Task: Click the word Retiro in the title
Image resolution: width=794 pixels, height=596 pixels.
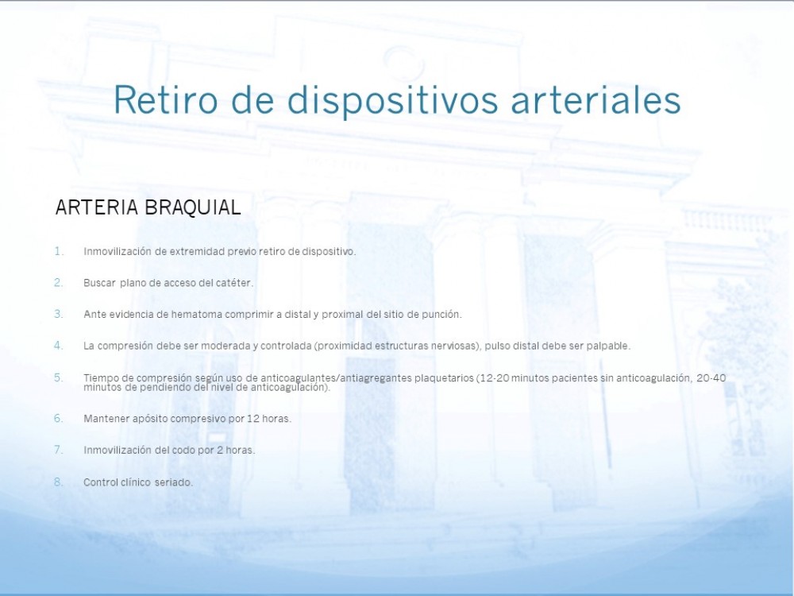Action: point(166,99)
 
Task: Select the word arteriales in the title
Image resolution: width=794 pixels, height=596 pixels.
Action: point(595,99)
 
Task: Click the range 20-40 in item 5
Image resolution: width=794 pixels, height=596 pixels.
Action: point(711,377)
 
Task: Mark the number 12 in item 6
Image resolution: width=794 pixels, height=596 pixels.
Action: point(252,419)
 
